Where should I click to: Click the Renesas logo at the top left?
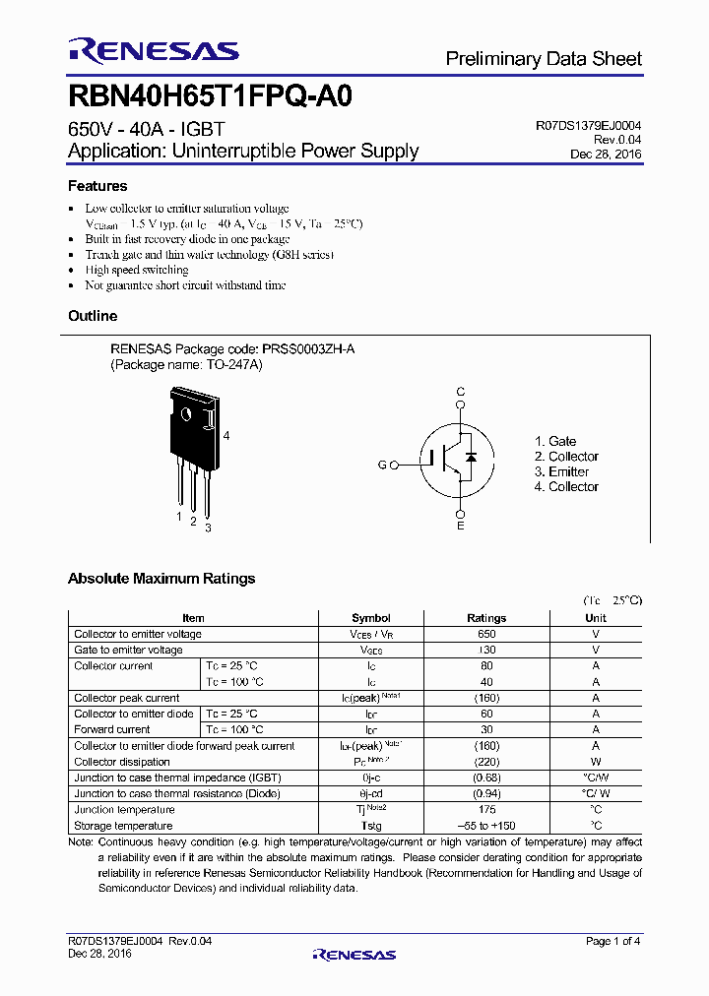[153, 50]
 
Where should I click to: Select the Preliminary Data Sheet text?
[544, 59]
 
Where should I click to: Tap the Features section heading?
[97, 186]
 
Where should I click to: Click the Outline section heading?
[93, 316]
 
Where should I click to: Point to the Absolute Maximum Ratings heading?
[161, 579]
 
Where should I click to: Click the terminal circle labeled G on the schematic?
[394, 465]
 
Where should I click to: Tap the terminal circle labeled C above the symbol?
[460, 405]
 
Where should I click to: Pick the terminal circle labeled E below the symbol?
[460, 513]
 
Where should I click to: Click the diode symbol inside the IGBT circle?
[471, 458]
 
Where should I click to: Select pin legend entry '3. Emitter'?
[561, 471]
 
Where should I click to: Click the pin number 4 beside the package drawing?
[226, 435]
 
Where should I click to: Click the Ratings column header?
[486, 618]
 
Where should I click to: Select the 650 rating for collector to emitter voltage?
[486, 634]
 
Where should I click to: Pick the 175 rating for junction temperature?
[486, 809]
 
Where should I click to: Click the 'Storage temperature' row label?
[123, 825]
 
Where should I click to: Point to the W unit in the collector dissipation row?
[596, 762]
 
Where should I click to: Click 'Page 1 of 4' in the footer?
[613, 942]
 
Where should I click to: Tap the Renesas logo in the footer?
[354, 954]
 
